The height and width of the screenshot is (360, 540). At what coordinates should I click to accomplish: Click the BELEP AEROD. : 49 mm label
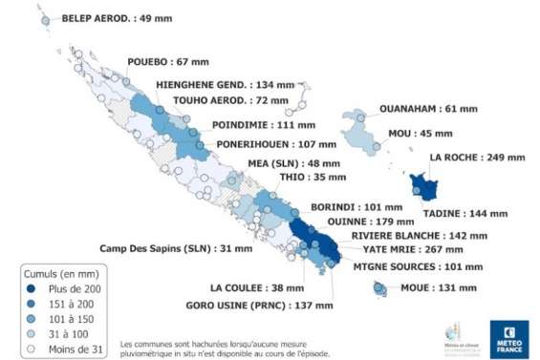coord(110,17)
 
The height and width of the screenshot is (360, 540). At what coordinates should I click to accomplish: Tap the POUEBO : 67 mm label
coord(169,62)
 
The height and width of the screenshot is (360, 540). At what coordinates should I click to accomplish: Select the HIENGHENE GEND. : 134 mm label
coord(220,84)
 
